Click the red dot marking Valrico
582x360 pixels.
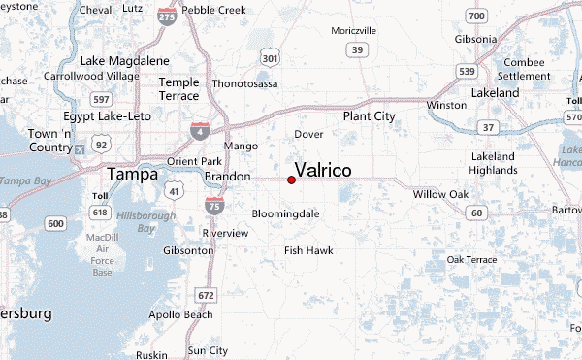pos(291,180)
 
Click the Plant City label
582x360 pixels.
pos(370,116)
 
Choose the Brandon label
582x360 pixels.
pos(228,177)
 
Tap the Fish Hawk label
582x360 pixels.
pos(308,250)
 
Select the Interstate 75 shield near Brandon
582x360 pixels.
pos(213,204)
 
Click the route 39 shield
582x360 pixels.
pos(358,49)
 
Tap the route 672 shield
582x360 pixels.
pos(205,295)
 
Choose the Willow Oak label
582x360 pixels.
pos(440,195)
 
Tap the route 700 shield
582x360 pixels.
pos(474,16)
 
